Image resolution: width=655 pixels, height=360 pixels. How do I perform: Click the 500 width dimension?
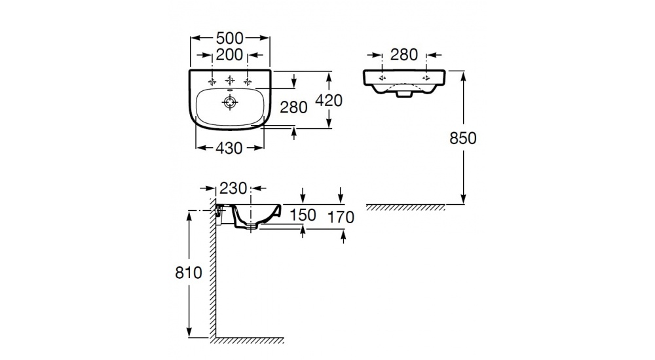click(x=230, y=38)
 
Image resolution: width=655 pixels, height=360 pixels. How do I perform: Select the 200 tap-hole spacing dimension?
click(x=230, y=55)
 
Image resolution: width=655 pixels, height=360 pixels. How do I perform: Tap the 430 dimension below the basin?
click(x=229, y=148)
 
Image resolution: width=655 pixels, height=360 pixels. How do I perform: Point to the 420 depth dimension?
click(x=329, y=100)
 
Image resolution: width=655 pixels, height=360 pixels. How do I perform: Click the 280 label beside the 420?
click(x=293, y=107)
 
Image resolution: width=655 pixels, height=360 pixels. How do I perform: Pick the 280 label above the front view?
click(x=404, y=55)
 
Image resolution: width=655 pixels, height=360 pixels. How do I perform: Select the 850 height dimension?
click(x=463, y=138)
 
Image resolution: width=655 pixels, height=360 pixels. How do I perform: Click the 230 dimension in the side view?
click(x=233, y=189)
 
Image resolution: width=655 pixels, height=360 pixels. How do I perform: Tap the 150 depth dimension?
click(x=303, y=215)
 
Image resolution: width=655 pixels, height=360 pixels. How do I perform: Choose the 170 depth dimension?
click(x=341, y=217)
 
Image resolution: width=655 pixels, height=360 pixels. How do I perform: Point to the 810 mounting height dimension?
click(x=189, y=273)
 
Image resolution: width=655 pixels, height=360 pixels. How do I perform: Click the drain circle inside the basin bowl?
click(x=230, y=102)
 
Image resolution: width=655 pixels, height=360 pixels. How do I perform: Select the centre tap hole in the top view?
click(x=230, y=80)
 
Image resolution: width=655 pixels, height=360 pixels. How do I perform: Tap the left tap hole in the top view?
click(x=212, y=81)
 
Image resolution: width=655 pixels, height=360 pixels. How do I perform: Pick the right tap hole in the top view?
click(x=248, y=81)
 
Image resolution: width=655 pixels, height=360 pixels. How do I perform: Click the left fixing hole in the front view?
click(x=382, y=78)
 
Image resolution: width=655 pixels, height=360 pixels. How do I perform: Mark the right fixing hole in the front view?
click(x=426, y=78)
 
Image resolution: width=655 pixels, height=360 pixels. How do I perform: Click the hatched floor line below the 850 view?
click(x=406, y=207)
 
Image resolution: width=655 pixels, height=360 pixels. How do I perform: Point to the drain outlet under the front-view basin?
click(x=403, y=96)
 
